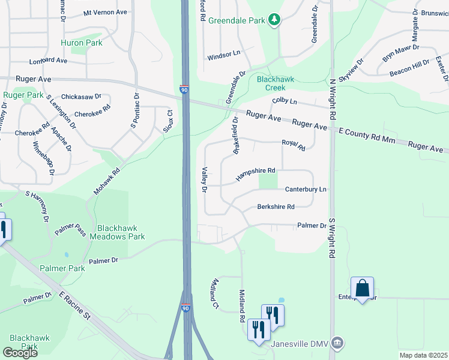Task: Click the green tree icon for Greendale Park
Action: pos(274,20)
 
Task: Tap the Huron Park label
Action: pos(81,43)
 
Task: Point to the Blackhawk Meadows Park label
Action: pos(117,232)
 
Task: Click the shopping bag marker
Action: pos(363,288)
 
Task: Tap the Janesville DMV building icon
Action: pos(338,344)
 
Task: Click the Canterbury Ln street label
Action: pos(306,189)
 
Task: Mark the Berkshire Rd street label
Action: pos(276,206)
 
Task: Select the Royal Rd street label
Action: pos(294,145)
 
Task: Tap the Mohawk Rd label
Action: pos(107,181)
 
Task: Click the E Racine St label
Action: pos(74,305)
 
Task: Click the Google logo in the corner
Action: pos(20,352)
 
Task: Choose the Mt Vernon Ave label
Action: pos(106,12)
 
